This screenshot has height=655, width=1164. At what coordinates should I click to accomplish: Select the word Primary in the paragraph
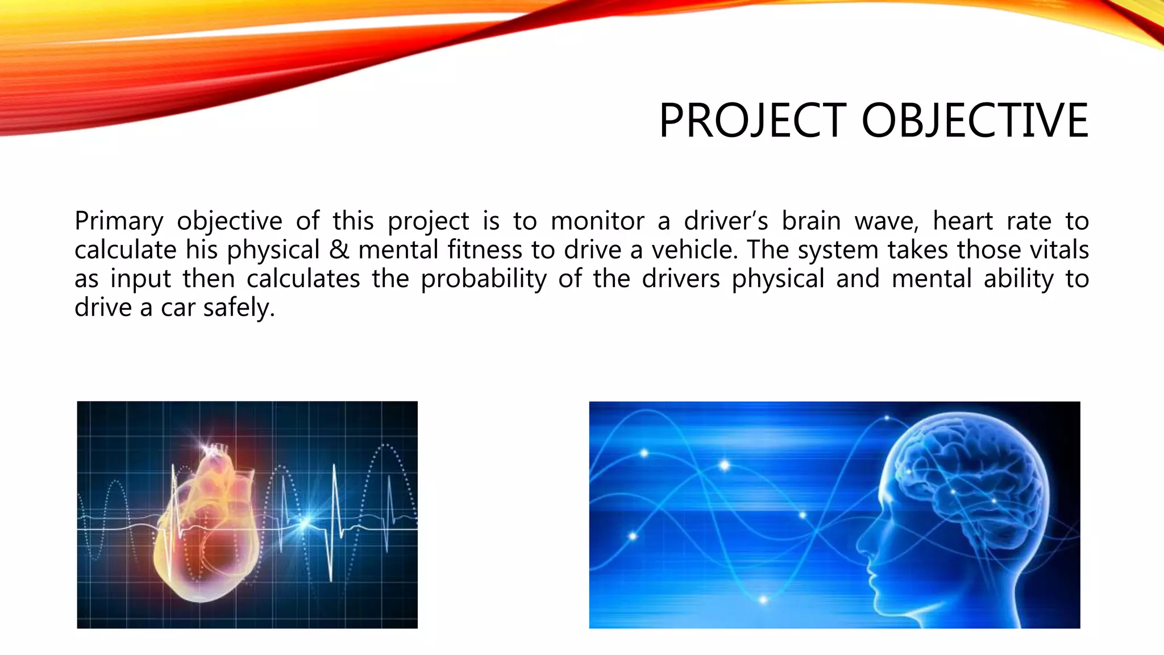coord(119,221)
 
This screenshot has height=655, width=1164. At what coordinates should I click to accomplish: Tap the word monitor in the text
coord(597,221)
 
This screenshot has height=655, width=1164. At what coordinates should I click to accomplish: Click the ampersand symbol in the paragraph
coord(339,250)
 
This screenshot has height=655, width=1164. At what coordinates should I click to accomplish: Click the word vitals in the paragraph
coord(1059,250)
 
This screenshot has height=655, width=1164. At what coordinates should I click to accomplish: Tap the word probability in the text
coord(483,279)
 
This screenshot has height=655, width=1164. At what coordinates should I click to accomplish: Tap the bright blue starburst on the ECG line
coord(306,522)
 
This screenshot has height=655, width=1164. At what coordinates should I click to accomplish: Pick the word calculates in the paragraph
coord(303,279)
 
